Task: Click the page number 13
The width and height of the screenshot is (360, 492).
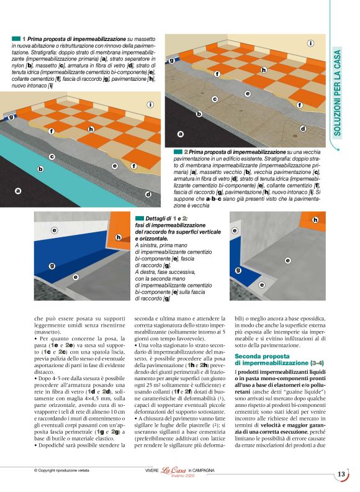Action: tap(341, 475)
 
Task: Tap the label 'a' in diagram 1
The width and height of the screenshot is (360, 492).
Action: tap(18, 191)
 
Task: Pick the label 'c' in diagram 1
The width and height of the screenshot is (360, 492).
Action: tap(52, 157)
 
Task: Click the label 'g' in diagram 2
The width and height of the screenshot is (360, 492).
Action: tap(171, 60)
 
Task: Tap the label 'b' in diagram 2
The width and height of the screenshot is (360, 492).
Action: tap(199, 114)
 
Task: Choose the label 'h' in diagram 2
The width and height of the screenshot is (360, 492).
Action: tap(264, 70)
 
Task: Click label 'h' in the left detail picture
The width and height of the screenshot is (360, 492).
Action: tap(119, 237)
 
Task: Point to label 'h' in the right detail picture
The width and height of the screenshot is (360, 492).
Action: tap(315, 220)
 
